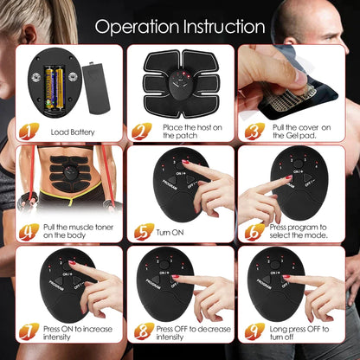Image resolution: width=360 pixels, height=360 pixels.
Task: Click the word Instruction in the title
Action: tap(220, 26)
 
